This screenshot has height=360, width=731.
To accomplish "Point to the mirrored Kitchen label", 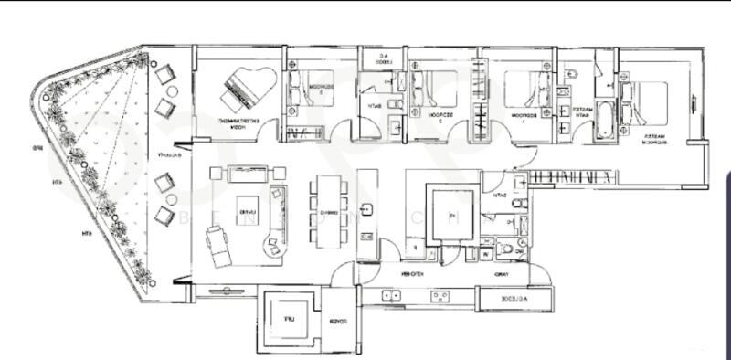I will pyautogui.click(x=410, y=274).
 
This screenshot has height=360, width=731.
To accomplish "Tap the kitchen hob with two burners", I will pyautogui.click(x=440, y=295).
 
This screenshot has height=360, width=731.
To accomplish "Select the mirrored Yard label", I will pyautogui.click(x=502, y=274).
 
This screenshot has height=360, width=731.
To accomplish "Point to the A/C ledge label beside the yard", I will pyautogui.click(x=516, y=299).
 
